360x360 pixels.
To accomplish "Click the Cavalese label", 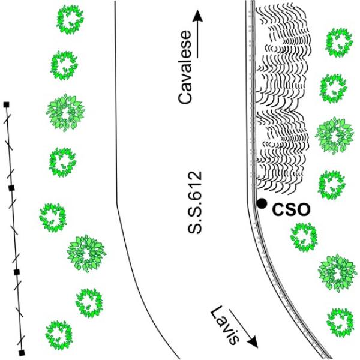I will point(187,77).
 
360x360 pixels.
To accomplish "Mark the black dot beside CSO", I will point(262,204).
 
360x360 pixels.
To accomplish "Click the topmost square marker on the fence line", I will point(7,105).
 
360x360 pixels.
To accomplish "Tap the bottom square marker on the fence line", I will point(22,352).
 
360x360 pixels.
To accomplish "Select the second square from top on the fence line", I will point(11,188).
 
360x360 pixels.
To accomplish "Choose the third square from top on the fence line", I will point(17,272).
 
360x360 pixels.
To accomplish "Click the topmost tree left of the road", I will point(69,19).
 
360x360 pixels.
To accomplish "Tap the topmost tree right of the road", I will point(337,42).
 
